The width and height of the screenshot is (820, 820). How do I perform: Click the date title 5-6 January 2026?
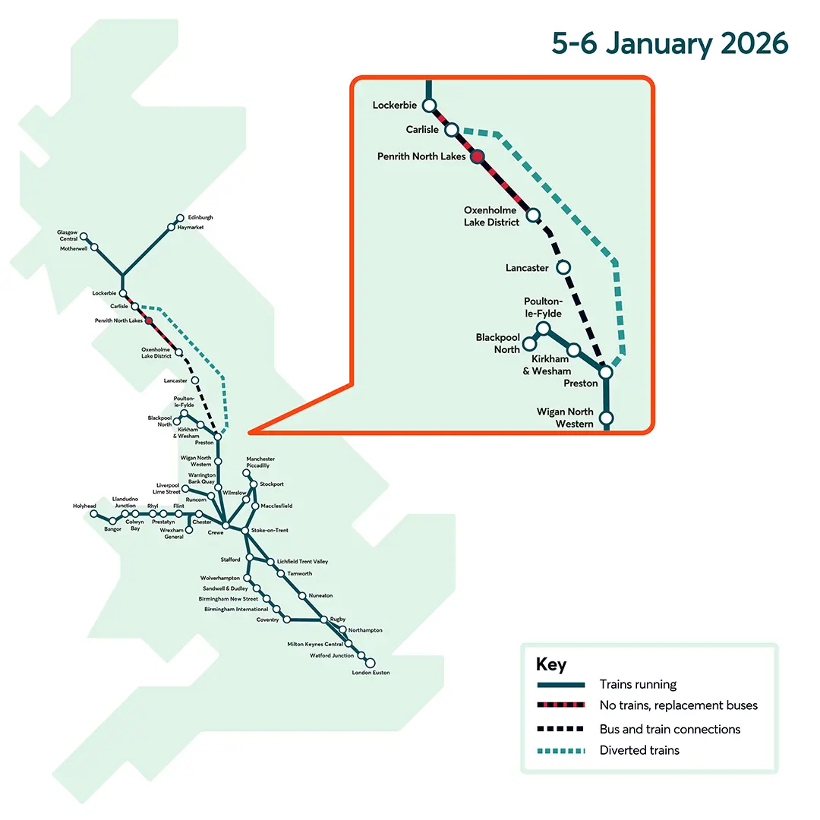[670, 44]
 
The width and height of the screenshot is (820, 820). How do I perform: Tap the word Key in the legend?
[550, 665]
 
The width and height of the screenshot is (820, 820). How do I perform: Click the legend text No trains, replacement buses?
[678, 705]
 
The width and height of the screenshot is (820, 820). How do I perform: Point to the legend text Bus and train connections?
[670, 729]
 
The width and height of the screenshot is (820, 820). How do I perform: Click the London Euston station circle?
[371, 663]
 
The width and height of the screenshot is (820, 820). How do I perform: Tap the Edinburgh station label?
[200, 217]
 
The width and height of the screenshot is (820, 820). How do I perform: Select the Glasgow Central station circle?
[84, 237]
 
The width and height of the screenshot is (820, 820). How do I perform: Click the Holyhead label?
[84, 506]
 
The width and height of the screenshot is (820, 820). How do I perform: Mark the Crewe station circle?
[225, 525]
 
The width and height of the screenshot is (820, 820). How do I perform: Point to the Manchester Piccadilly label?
[260, 462]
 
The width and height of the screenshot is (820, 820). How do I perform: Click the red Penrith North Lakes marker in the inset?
[477, 156]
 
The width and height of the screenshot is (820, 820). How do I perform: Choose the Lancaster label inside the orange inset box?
[527, 268]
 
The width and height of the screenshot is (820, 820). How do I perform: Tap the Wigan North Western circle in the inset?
[606, 418]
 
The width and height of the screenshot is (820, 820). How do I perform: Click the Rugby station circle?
[324, 620]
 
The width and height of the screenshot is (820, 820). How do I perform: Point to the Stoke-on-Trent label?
[270, 530]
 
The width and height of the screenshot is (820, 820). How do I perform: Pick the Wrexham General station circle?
[189, 529]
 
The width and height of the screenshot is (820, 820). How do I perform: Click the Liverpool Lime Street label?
[168, 488]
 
